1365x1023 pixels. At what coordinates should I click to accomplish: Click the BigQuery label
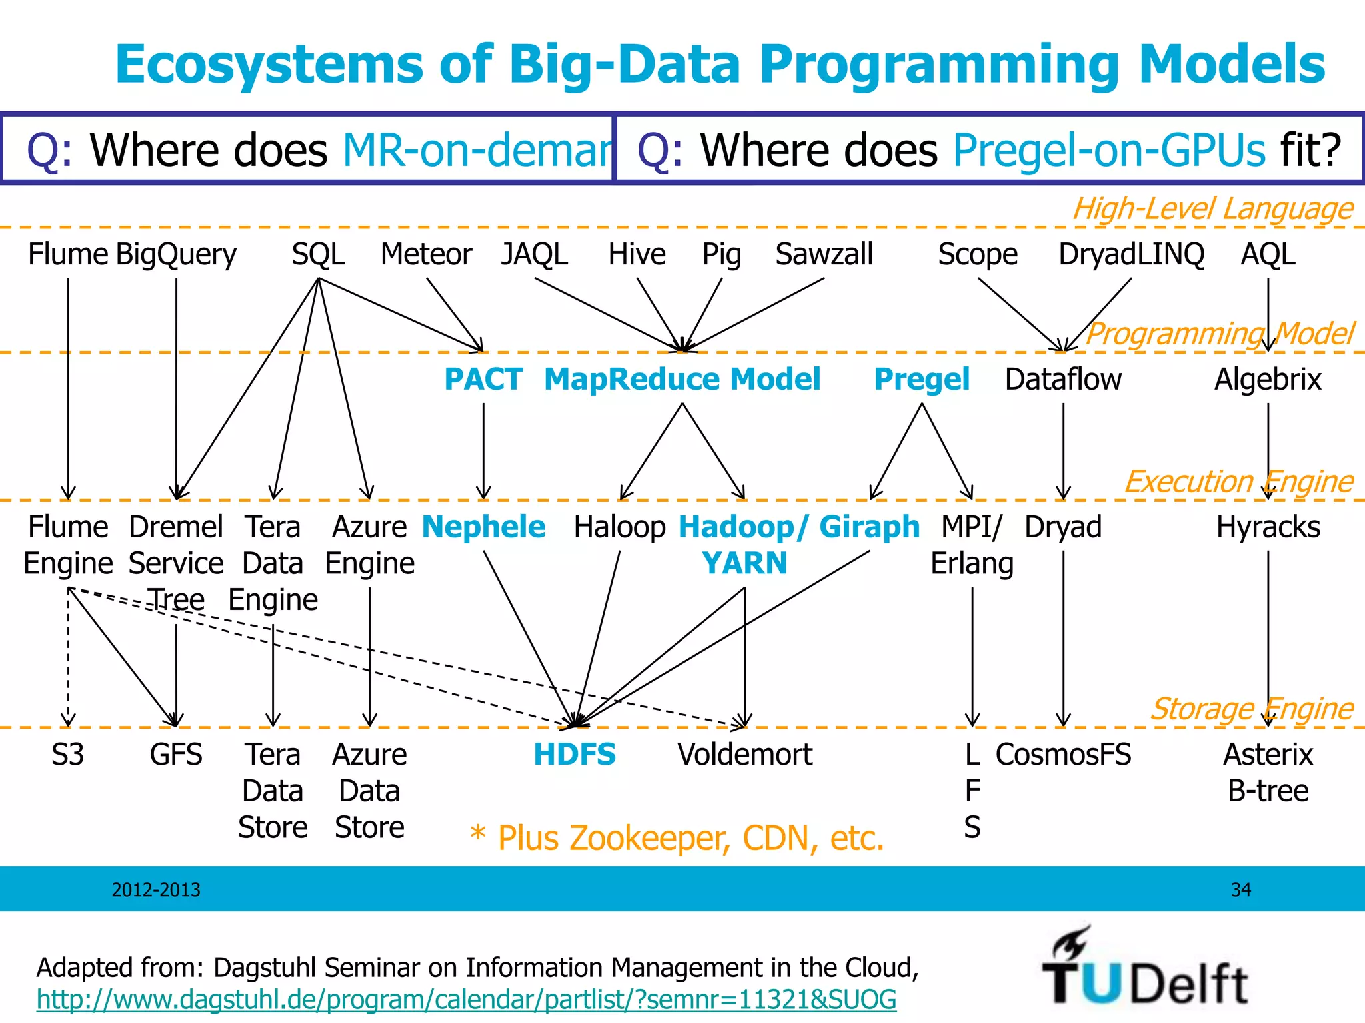click(176, 255)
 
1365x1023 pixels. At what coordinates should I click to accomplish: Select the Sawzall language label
click(824, 254)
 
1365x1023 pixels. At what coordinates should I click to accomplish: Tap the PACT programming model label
click(483, 380)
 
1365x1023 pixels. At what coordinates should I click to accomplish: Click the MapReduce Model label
click(682, 380)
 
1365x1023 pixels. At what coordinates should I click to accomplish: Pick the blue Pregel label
click(921, 380)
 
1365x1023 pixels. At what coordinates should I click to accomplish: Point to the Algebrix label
click(1268, 380)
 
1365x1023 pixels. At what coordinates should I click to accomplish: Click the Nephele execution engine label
click(483, 527)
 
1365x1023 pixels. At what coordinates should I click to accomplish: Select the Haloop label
click(619, 527)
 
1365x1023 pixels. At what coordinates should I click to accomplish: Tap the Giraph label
click(869, 527)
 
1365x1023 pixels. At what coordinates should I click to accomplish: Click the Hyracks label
click(1268, 527)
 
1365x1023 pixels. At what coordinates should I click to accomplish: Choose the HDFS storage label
click(575, 755)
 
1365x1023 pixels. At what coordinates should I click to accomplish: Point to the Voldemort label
click(744, 755)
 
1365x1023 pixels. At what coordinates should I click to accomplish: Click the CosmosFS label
click(1063, 755)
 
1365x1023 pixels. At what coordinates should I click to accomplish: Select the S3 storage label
click(68, 755)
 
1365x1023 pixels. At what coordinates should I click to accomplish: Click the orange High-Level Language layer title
click(1212, 209)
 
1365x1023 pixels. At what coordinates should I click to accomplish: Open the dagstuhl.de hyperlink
click(467, 1000)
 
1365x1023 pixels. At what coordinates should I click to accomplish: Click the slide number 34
click(1240, 890)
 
